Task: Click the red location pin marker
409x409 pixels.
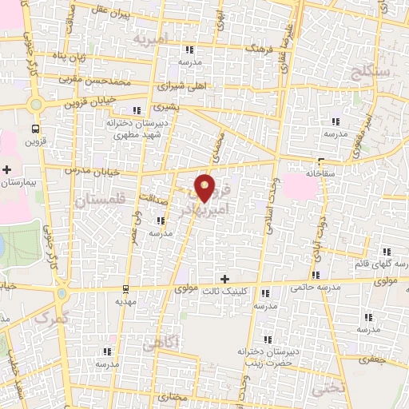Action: [206, 187]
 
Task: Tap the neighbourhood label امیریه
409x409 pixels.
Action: [153, 38]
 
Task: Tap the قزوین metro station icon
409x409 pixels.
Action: [35, 128]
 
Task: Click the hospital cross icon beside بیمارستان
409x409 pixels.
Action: [7, 170]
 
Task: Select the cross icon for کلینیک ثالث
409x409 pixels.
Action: [224, 278]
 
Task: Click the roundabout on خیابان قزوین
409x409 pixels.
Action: [34, 105]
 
